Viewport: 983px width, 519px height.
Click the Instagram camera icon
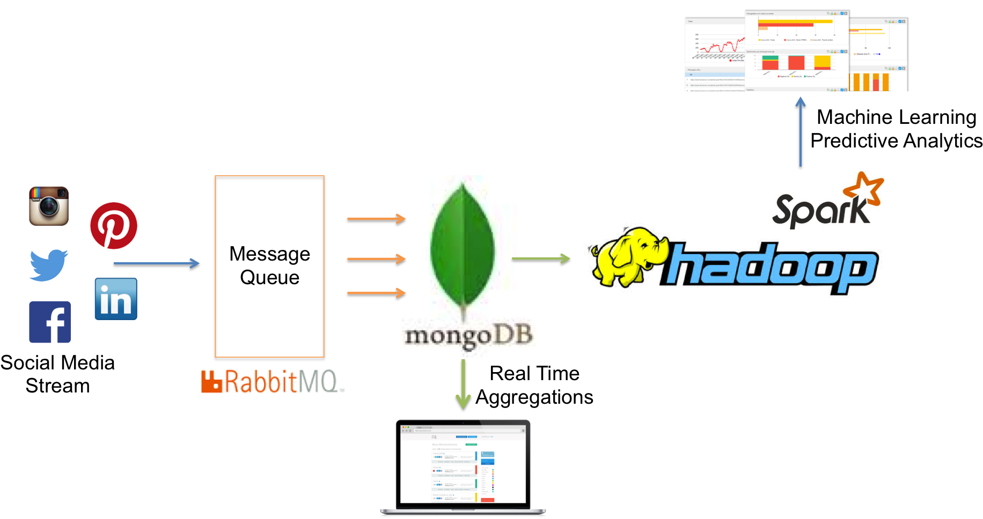(x=49, y=206)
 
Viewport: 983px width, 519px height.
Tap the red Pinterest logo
(x=114, y=226)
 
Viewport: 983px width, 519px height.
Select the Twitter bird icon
(x=48, y=265)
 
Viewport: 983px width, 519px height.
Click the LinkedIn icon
(x=116, y=299)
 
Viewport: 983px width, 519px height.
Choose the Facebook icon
(x=50, y=322)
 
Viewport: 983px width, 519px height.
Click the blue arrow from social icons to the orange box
(x=156, y=263)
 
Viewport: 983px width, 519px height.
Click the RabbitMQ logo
(x=273, y=381)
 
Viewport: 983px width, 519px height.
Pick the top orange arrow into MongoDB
(x=376, y=218)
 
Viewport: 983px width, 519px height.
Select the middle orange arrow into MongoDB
(x=376, y=259)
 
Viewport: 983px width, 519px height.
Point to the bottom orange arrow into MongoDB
(x=376, y=293)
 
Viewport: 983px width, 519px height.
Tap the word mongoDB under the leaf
(x=468, y=336)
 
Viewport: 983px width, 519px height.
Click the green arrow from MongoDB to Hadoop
(x=540, y=259)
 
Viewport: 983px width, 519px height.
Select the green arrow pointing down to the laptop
(x=463, y=383)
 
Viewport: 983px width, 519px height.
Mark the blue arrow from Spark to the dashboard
(x=801, y=132)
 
